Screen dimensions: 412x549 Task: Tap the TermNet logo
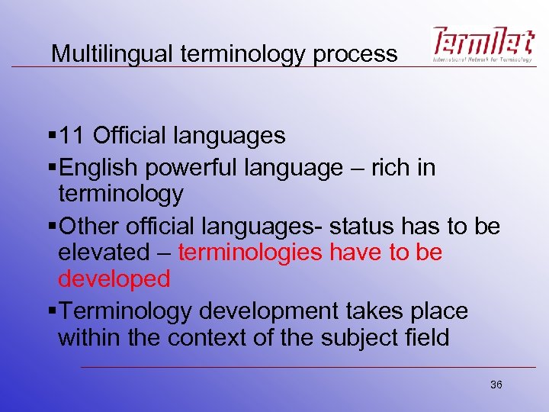(x=482, y=44)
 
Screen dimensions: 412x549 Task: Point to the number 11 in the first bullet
(x=73, y=136)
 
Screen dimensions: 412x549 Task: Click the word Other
(x=86, y=227)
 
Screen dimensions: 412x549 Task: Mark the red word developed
(x=114, y=279)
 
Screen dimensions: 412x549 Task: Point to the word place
(x=438, y=311)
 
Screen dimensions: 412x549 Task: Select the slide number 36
(x=496, y=385)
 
